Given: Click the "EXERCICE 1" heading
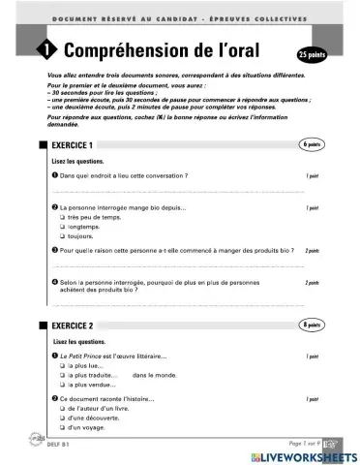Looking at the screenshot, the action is tap(79, 144).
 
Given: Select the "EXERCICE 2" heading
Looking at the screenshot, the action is tap(79, 326).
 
